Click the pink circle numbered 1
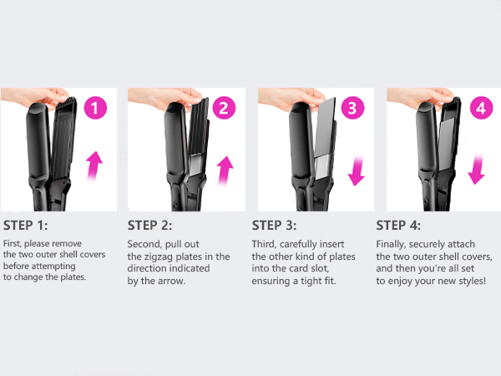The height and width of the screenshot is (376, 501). click(98, 108)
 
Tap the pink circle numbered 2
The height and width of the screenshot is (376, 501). click(222, 108)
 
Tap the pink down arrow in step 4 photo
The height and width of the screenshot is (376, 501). click(477, 165)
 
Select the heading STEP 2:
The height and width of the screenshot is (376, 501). click(154, 226)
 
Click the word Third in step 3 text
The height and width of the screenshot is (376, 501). click(266, 244)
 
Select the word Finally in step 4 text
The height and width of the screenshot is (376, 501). click(393, 244)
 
